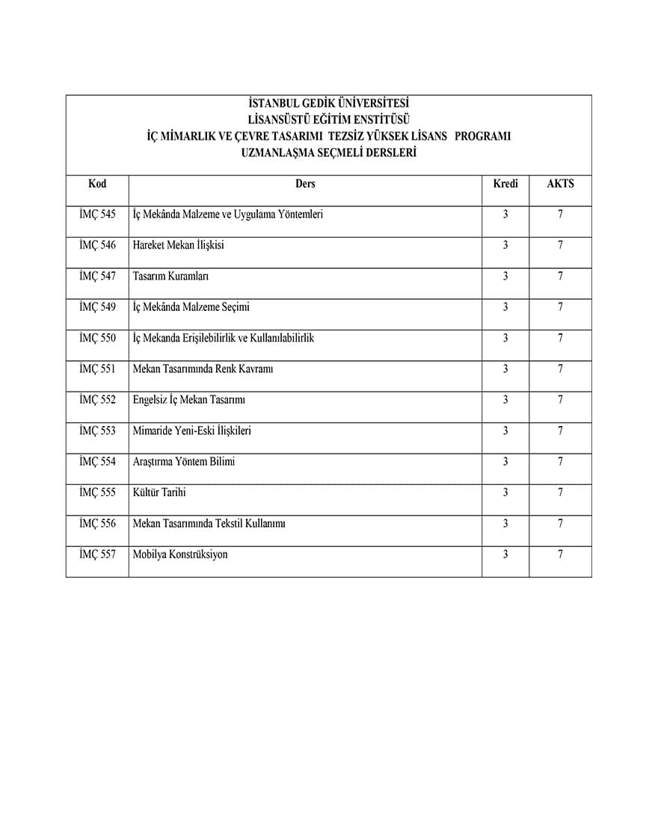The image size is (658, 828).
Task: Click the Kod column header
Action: [97, 184]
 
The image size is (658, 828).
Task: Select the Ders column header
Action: [305, 184]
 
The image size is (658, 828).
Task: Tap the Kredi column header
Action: [505, 184]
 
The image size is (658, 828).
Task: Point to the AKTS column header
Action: [560, 184]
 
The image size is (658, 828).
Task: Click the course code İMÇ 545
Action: [97, 214]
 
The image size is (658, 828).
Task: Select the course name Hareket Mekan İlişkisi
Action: [178, 245]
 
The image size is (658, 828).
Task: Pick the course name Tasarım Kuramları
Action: [170, 276]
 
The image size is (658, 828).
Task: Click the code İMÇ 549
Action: [97, 307]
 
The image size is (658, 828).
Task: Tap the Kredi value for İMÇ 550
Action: [505, 338]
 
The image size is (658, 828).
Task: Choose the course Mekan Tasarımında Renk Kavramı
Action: [203, 369]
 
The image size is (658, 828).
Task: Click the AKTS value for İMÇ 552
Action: [560, 400]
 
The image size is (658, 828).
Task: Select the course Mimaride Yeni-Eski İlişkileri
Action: [192, 431]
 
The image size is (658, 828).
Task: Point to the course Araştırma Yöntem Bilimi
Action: [183, 462]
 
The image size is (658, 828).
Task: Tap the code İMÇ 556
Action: [97, 524]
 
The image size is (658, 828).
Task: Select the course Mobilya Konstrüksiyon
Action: [180, 554]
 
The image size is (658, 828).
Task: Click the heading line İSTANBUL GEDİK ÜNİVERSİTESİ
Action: [328, 104]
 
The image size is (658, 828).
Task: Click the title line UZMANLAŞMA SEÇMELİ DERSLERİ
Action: [328, 152]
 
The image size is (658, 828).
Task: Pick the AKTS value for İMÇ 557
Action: [560, 554]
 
